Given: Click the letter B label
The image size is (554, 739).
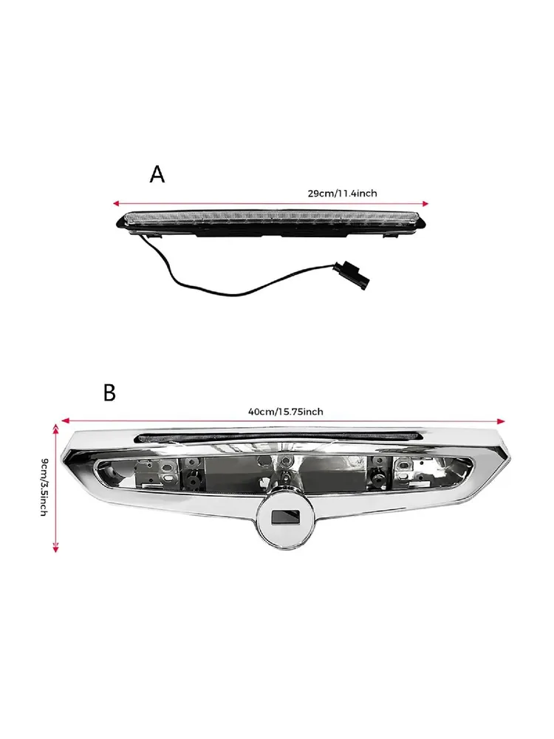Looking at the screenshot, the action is click(109, 392).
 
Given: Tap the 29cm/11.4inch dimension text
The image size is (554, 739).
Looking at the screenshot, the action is click(343, 193).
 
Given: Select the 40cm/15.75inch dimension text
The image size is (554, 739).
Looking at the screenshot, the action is click(285, 412).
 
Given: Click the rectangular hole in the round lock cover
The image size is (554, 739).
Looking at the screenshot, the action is click(285, 517).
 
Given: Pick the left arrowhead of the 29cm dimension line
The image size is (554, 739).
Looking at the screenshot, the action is click(116, 204).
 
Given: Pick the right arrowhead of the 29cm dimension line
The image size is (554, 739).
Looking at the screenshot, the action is click(425, 204).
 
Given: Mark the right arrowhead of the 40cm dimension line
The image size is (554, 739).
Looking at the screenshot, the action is click(501, 421).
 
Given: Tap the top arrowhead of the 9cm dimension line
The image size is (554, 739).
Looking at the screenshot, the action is click(55, 427).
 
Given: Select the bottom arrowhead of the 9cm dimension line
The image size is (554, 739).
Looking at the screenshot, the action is click(55, 548).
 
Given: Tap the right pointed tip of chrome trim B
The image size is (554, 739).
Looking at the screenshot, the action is click(510, 457).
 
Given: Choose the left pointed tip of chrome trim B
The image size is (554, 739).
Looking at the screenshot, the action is click(62, 456).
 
